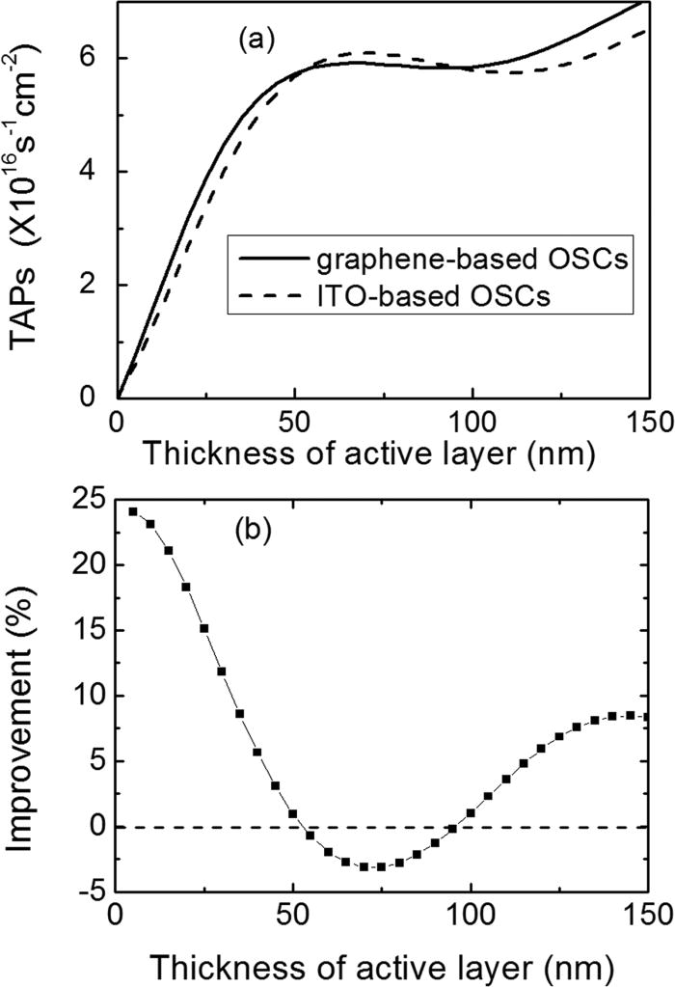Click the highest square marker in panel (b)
point(133,511)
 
